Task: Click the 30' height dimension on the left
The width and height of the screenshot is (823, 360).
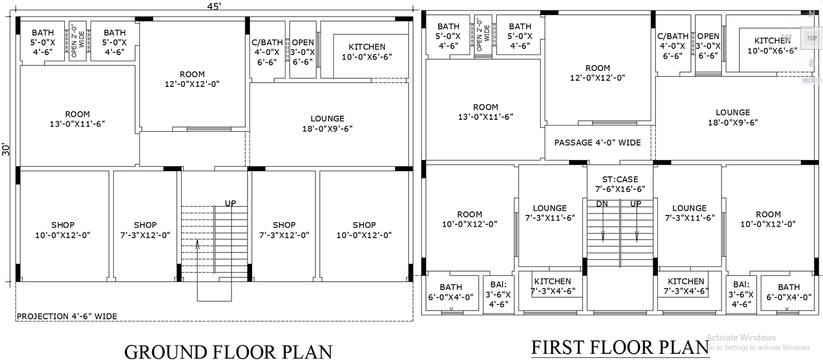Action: pyautogui.click(x=6, y=150)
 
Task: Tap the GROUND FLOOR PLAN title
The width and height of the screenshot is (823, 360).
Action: pyautogui.click(x=228, y=352)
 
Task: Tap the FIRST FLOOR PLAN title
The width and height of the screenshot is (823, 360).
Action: pyautogui.click(x=620, y=348)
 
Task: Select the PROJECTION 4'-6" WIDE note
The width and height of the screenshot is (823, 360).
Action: pyautogui.click(x=67, y=316)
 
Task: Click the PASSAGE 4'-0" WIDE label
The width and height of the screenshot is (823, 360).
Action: pyautogui.click(x=597, y=142)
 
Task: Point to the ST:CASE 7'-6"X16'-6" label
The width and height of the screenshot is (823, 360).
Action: pyautogui.click(x=620, y=184)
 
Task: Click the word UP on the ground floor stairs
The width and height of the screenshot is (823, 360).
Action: pyautogui.click(x=230, y=203)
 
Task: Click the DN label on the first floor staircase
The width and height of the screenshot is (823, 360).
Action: pyautogui.click(x=602, y=204)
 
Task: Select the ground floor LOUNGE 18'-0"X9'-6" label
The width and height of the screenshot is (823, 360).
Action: pyautogui.click(x=327, y=123)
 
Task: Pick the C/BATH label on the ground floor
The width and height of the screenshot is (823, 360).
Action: pyautogui.click(x=267, y=42)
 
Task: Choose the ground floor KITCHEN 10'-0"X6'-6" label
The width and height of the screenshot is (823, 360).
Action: pyautogui.click(x=367, y=51)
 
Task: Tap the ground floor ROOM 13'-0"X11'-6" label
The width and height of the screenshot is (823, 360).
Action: pyautogui.click(x=77, y=119)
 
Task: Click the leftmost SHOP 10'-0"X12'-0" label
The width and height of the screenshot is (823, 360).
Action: pyautogui.click(x=63, y=230)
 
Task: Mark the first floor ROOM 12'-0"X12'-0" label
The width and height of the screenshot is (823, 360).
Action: pyautogui.click(x=597, y=73)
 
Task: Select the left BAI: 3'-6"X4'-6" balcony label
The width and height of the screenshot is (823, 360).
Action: pyautogui.click(x=498, y=294)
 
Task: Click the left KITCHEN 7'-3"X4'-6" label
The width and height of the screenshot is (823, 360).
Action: pyautogui.click(x=552, y=286)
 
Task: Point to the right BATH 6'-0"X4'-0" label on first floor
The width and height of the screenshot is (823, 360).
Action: pyautogui.click(x=789, y=292)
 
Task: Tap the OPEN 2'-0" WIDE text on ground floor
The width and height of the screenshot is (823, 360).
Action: pyautogui.click(x=78, y=41)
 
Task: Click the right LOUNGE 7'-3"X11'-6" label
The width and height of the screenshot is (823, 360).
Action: pyautogui.click(x=689, y=213)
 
